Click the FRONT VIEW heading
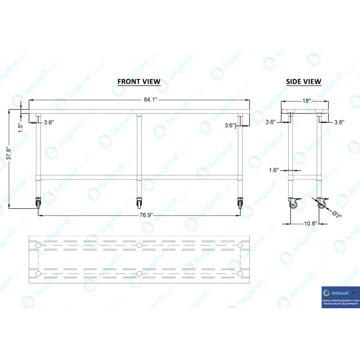(139, 81)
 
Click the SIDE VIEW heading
(304, 81)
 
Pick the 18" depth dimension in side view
(306, 101)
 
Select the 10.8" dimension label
(310, 223)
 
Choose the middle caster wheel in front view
(139, 204)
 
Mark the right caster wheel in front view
(240, 204)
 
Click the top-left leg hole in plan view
(39, 245)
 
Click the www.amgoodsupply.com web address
(340, 300)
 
